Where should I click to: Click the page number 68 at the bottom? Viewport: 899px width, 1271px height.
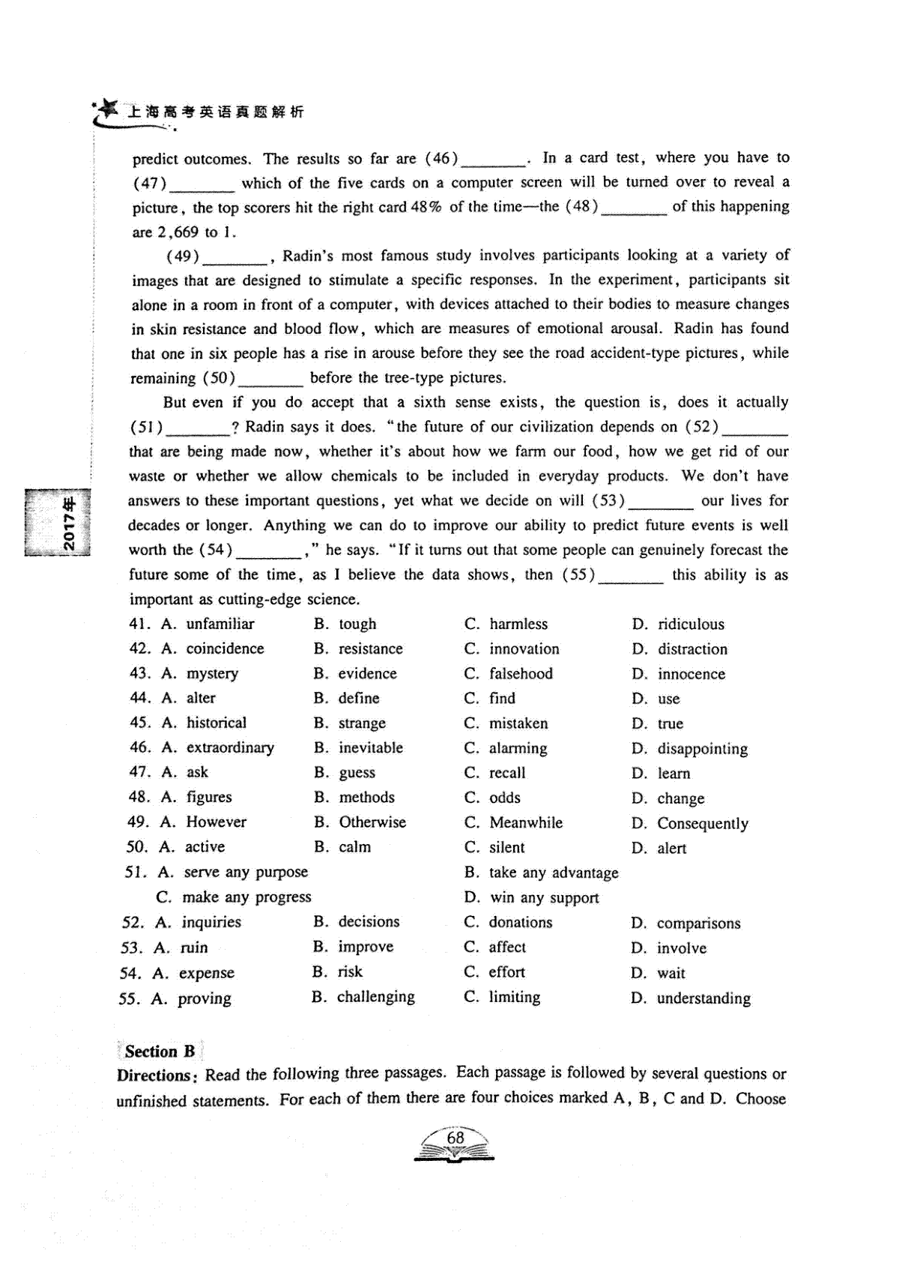[x=455, y=1138]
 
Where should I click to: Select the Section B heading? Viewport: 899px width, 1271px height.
[x=160, y=1051]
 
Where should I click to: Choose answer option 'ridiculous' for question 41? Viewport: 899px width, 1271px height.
[x=691, y=624]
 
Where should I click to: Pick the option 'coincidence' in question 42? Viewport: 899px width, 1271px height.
[x=225, y=649]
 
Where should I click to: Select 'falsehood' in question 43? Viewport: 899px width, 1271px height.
[x=521, y=673]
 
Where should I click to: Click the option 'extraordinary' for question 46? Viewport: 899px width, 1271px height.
[x=230, y=747]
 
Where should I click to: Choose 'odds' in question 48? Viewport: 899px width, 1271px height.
[x=505, y=798]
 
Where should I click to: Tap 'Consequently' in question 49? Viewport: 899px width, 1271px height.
[x=703, y=823]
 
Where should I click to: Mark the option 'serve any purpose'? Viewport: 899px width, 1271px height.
[x=246, y=872]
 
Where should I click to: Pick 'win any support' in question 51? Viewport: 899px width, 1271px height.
[x=545, y=897]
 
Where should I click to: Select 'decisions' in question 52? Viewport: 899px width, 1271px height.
[x=369, y=922]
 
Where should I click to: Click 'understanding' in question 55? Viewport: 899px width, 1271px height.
[x=703, y=998]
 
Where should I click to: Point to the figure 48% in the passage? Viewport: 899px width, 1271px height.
[x=426, y=207]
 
